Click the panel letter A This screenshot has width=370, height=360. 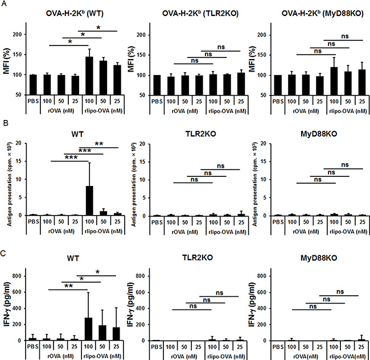click(x=4, y=4)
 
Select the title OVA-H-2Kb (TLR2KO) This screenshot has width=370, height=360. click(x=200, y=13)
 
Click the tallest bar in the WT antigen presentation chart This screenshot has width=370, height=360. click(x=89, y=201)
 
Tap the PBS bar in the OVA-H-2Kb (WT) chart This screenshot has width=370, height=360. click(x=33, y=85)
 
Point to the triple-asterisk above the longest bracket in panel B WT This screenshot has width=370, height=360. click(x=71, y=158)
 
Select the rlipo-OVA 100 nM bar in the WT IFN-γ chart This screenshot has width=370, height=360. click(x=88, y=329)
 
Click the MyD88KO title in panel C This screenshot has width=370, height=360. click(x=319, y=258)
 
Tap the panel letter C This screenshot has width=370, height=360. click(x=4, y=254)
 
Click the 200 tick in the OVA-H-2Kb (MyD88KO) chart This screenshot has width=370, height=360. click(x=262, y=35)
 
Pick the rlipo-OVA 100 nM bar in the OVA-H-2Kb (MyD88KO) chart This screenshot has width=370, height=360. click(x=334, y=81)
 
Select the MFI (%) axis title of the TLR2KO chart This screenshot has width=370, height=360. click(x=131, y=59)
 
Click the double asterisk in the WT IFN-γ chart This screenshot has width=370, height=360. click(x=68, y=286)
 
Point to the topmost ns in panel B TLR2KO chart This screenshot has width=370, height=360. click(x=221, y=165)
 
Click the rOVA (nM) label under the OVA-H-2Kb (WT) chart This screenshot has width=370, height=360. click(x=61, y=110)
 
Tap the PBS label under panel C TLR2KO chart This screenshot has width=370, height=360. click(x=157, y=347)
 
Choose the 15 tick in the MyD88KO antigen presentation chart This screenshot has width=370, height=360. click(x=264, y=162)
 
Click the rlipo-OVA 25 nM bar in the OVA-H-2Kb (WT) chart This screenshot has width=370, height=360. click(x=117, y=80)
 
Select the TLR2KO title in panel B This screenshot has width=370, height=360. click(x=200, y=134)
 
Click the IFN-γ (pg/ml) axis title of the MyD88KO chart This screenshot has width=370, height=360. click(x=252, y=305)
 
